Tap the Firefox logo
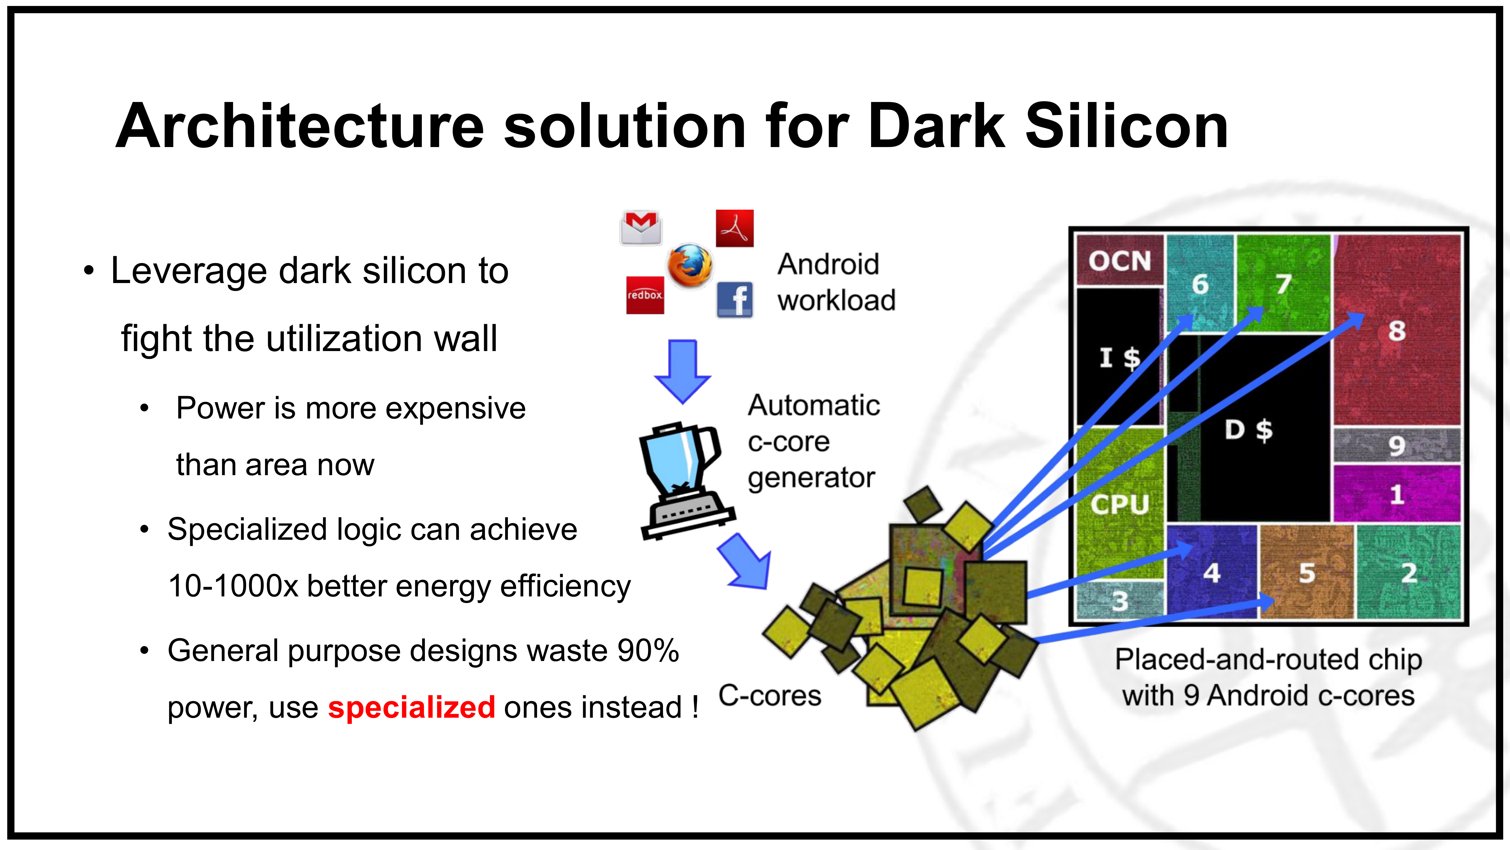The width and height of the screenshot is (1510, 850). click(690, 266)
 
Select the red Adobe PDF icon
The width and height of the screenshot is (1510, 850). click(735, 228)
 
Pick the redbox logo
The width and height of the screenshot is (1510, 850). click(645, 295)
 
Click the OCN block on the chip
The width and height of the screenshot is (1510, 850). click(1120, 260)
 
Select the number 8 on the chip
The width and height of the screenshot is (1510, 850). click(1396, 331)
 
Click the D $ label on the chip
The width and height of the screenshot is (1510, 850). click(1248, 430)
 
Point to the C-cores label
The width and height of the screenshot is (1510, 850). click(770, 696)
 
